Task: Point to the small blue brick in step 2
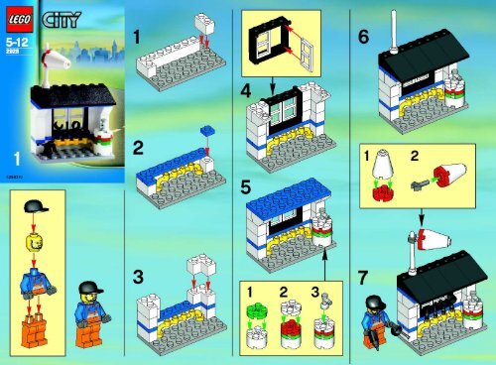coord(207,129)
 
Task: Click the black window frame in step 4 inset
coord(271,45)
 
